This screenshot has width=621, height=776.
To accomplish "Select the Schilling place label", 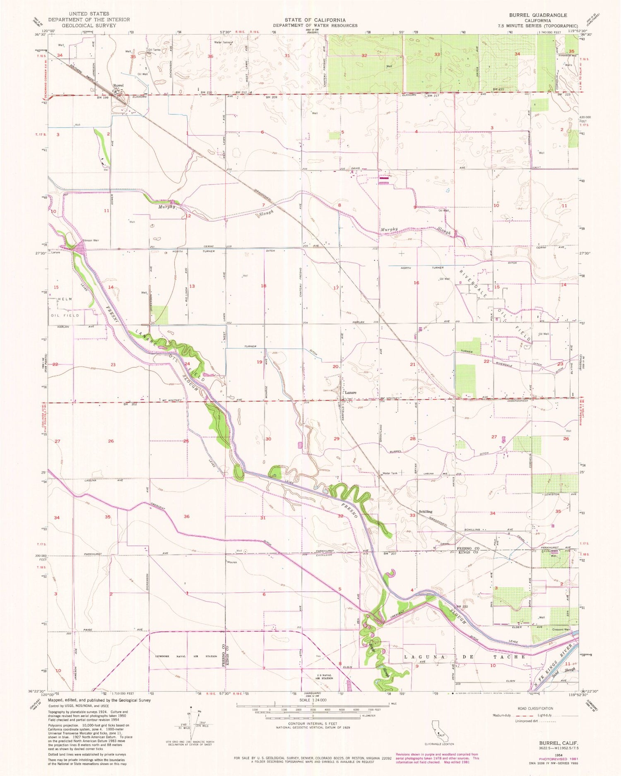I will pyautogui.click(x=426, y=511).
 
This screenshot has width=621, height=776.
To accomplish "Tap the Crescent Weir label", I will pyautogui.click(x=561, y=630).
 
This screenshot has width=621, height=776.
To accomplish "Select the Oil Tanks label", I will pyautogui.click(x=154, y=50).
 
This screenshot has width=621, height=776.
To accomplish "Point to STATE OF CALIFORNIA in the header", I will pyautogui.click(x=315, y=20).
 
